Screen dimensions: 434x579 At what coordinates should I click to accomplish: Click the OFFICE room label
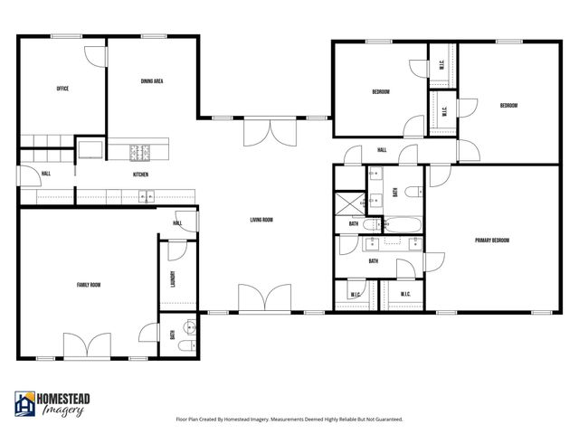[x=62, y=89]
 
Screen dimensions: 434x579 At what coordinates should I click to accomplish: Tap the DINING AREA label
[x=151, y=81]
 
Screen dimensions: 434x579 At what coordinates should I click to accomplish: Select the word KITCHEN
[x=140, y=175]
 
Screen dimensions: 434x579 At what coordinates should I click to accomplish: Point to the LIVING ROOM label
[x=261, y=220]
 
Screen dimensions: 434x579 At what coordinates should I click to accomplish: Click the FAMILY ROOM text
[x=88, y=285]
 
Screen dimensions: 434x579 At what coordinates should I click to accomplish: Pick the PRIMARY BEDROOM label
[x=492, y=241]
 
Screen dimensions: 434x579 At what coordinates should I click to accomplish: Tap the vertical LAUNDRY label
[x=172, y=281]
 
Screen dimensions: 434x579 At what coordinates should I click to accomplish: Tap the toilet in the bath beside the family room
[x=184, y=345]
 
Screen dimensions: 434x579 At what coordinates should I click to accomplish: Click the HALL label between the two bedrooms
[x=382, y=150]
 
